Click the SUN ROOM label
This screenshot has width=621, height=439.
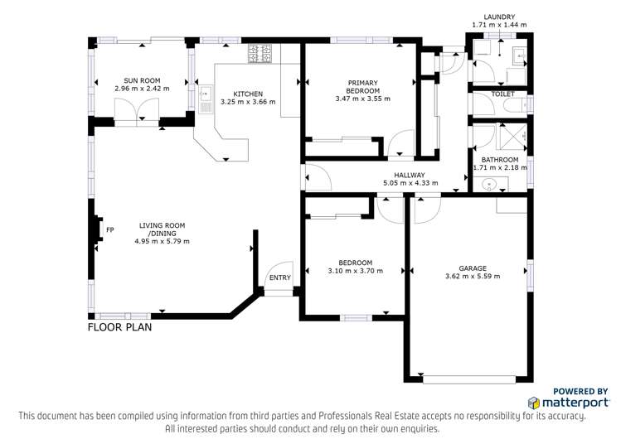pyautogui.click(x=141, y=80)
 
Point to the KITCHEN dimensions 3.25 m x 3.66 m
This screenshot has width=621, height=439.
pyautogui.click(x=248, y=102)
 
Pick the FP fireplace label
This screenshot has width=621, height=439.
pyautogui.click(x=109, y=229)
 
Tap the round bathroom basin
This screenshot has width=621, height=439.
pyautogui.click(x=490, y=183)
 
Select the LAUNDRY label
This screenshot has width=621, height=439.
pyautogui.click(x=493, y=17)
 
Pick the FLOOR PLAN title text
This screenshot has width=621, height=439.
pyautogui.click(x=119, y=327)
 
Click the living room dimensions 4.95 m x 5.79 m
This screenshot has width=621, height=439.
pyautogui.click(x=162, y=242)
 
